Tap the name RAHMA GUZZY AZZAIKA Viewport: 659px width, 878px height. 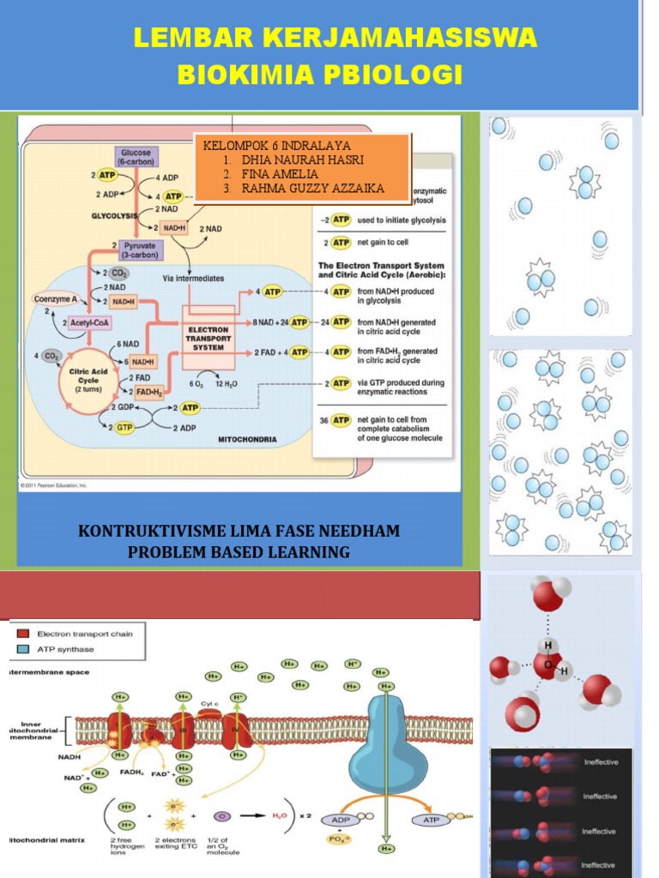coord(312,188)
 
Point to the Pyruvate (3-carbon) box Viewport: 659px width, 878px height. coord(140,250)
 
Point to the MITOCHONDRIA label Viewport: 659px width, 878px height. coord(247,439)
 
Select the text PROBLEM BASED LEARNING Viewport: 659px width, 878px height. coord(239,552)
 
